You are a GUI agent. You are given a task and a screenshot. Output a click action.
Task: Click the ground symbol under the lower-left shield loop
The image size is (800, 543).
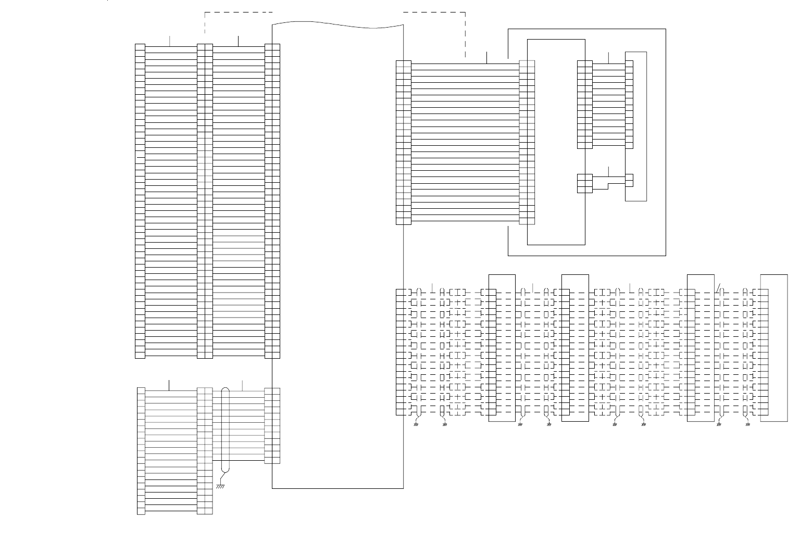pyautogui.click(x=220, y=486)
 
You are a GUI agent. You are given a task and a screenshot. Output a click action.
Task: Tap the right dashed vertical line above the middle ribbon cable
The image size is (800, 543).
pyautogui.click(x=465, y=34)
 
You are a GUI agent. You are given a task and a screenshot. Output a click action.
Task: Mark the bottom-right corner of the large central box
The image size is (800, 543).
pyautogui.click(x=404, y=488)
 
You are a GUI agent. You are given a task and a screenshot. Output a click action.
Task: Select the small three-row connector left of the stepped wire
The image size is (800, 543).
pyautogui.click(x=585, y=183)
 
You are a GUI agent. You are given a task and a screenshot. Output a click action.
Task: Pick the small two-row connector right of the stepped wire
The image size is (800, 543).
pyautogui.click(x=629, y=180)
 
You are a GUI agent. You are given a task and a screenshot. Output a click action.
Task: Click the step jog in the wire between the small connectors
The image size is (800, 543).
pyautogui.click(x=607, y=183)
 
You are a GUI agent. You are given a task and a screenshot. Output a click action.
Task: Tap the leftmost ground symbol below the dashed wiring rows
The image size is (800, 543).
pyautogui.click(x=416, y=424)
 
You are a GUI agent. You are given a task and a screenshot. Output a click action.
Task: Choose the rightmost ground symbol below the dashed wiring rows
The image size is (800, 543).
pyautogui.click(x=748, y=424)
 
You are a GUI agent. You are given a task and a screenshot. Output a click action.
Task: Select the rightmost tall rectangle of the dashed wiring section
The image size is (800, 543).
pyautogui.click(x=774, y=347)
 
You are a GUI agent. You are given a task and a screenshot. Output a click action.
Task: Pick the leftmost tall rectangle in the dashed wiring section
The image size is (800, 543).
pyautogui.click(x=502, y=347)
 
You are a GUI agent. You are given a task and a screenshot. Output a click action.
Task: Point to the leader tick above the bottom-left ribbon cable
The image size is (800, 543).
pyautogui.click(x=169, y=385)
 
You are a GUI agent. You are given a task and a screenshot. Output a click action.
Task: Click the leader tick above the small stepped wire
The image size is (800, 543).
pyautogui.click(x=608, y=171)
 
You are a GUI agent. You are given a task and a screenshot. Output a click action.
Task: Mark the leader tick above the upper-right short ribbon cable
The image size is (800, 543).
pyautogui.click(x=608, y=58)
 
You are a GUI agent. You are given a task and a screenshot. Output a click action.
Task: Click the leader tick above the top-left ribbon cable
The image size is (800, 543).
pyautogui.click(x=170, y=41)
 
